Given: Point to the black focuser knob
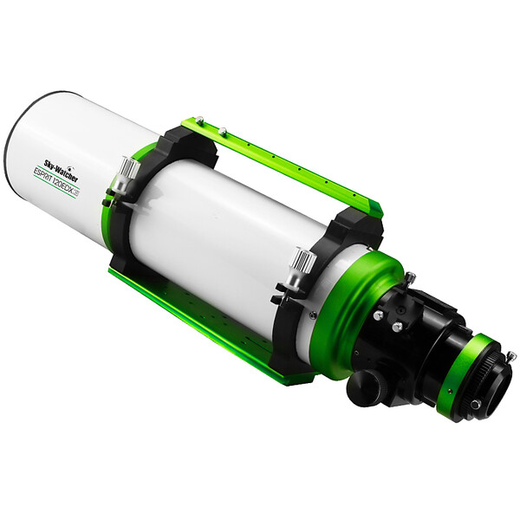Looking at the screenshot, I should tap(366, 387).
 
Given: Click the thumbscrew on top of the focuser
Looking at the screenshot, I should tap(408, 279).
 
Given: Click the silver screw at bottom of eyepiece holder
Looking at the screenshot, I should tap(475, 405).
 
